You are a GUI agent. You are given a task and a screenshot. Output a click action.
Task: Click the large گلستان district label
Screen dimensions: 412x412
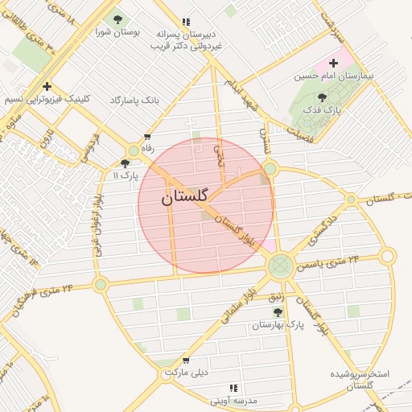[185, 196]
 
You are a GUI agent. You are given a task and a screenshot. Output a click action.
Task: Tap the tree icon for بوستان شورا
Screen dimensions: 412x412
[118, 19]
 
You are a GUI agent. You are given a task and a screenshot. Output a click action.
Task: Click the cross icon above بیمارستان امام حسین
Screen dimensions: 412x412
[333, 63]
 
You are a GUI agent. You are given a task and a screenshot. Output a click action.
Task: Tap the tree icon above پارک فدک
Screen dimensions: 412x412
[323, 97]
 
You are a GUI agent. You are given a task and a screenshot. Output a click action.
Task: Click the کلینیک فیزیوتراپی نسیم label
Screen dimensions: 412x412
[48, 99]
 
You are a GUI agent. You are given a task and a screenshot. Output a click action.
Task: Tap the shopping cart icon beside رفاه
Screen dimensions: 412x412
[146, 137]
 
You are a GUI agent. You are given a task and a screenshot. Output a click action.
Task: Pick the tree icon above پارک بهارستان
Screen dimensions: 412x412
[278, 312]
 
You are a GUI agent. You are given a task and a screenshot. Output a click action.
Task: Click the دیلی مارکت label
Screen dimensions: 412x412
[186, 373]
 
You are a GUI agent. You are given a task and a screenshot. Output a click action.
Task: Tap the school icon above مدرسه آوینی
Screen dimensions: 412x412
[234, 388]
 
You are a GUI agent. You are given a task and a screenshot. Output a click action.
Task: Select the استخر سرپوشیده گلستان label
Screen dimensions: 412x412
[360, 380]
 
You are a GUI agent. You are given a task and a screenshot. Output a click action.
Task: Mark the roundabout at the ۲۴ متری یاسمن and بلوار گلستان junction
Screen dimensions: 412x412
[281, 264]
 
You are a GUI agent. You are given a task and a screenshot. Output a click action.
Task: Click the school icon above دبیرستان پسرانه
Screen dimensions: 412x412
[187, 23]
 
